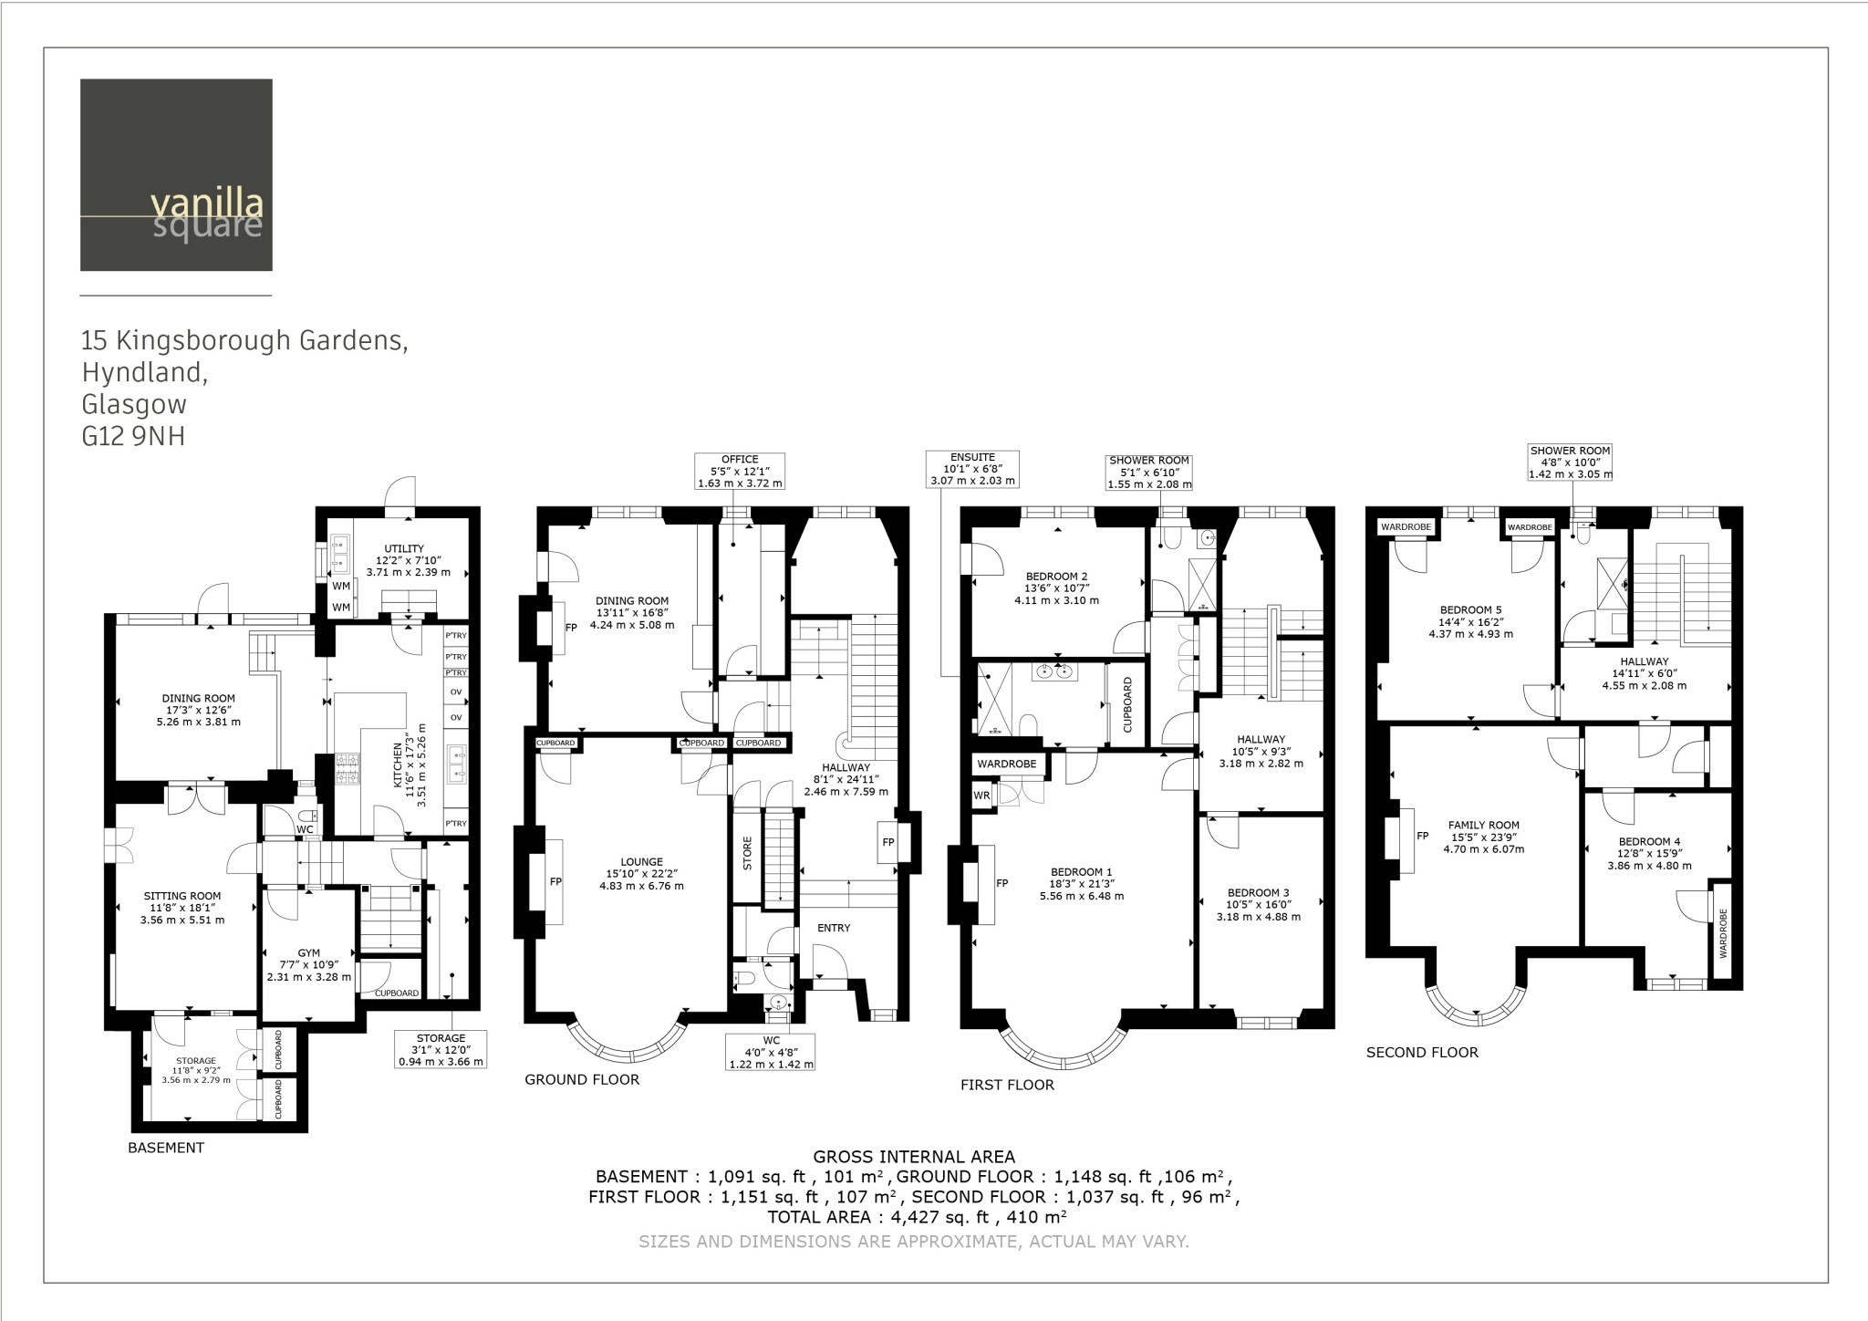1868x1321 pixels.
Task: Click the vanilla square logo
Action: click(x=176, y=175)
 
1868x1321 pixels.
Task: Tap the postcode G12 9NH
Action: click(x=133, y=437)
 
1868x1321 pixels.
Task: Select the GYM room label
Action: click(x=308, y=952)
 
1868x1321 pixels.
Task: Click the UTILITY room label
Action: click(x=404, y=548)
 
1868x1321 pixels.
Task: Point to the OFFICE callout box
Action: click(x=740, y=472)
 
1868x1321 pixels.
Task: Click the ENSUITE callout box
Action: click(x=971, y=469)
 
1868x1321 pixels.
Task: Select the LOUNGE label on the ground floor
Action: click(x=641, y=861)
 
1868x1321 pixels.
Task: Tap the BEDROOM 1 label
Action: click(x=1081, y=872)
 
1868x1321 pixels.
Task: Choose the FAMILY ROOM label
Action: click(x=1483, y=825)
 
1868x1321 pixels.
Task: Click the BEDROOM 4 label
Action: click(x=1649, y=841)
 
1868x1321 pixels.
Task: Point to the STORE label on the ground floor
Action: click(x=748, y=853)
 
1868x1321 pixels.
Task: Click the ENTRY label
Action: click(x=834, y=928)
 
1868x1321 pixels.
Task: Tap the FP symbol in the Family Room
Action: click(x=1422, y=836)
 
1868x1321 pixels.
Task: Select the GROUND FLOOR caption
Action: click(x=582, y=1079)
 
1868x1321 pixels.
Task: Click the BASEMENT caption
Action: click(x=166, y=1148)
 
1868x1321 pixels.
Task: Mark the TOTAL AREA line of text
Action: click(x=917, y=1217)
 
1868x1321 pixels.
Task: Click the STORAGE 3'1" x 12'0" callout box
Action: click(x=441, y=1050)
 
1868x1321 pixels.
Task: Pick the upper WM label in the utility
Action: click(x=341, y=587)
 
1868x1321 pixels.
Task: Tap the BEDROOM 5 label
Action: click(x=1470, y=610)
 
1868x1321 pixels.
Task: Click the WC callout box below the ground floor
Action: click(x=771, y=1052)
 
